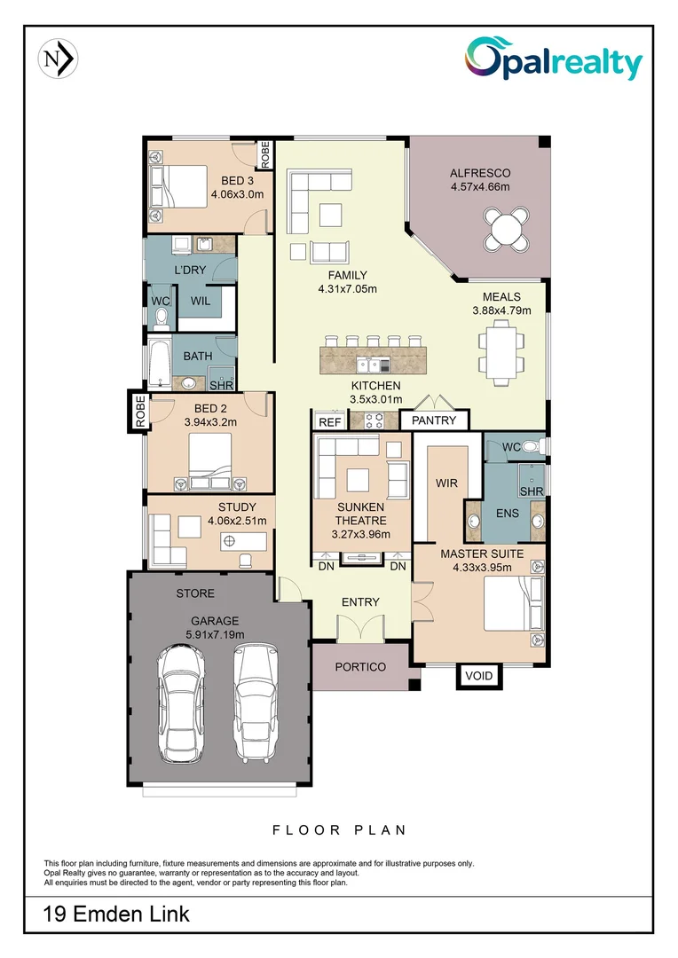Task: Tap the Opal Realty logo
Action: (552, 60)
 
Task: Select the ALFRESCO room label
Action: (479, 173)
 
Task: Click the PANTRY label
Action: (434, 420)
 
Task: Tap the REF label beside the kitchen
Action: (330, 422)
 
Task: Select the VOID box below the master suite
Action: (478, 676)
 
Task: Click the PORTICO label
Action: (360, 666)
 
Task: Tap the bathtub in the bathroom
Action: (160, 365)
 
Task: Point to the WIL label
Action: (201, 301)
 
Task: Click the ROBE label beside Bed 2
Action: (139, 412)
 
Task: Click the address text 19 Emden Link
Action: (116, 913)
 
